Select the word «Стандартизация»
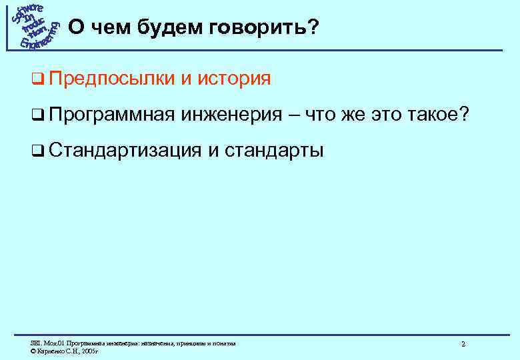(x=124, y=151)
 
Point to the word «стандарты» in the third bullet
(x=273, y=151)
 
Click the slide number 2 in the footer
(x=463, y=344)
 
